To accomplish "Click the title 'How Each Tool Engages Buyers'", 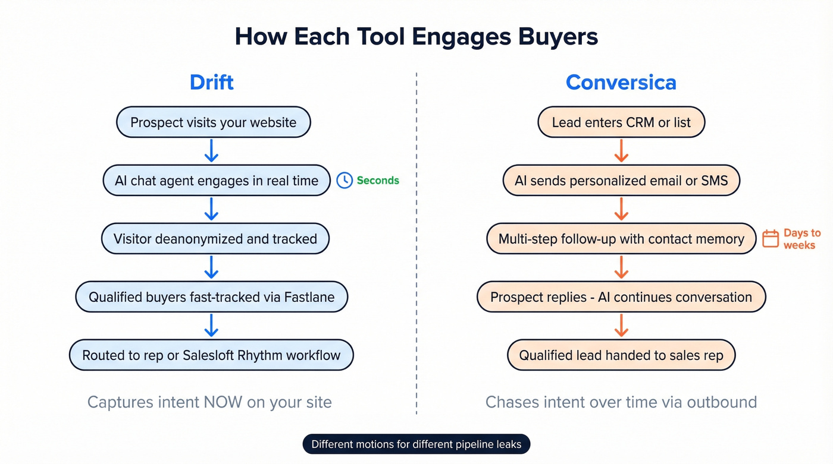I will [416, 37].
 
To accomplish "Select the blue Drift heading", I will [211, 82].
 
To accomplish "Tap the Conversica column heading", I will [621, 82].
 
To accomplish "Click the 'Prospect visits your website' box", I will [213, 122].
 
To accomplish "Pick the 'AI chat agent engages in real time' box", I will [217, 181].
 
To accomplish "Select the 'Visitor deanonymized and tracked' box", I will [215, 239].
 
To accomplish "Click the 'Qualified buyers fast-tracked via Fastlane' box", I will [211, 297].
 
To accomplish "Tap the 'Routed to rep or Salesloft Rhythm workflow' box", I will [211, 355].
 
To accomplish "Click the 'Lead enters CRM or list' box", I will [621, 122].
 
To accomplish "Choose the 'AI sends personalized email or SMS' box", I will [621, 181].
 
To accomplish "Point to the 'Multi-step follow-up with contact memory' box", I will [621, 239].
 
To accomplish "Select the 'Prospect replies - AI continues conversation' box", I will [621, 297].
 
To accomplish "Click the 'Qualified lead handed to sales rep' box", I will [621, 355].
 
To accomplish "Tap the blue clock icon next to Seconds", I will [345, 181].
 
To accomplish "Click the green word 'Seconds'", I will [378, 181].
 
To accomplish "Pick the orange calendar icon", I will [771, 239].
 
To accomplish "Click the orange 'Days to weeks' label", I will [801, 239].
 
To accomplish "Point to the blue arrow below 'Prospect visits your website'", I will [211, 151].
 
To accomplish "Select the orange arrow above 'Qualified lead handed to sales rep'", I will [621, 326].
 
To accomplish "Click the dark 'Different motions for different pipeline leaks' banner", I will [416, 444].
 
